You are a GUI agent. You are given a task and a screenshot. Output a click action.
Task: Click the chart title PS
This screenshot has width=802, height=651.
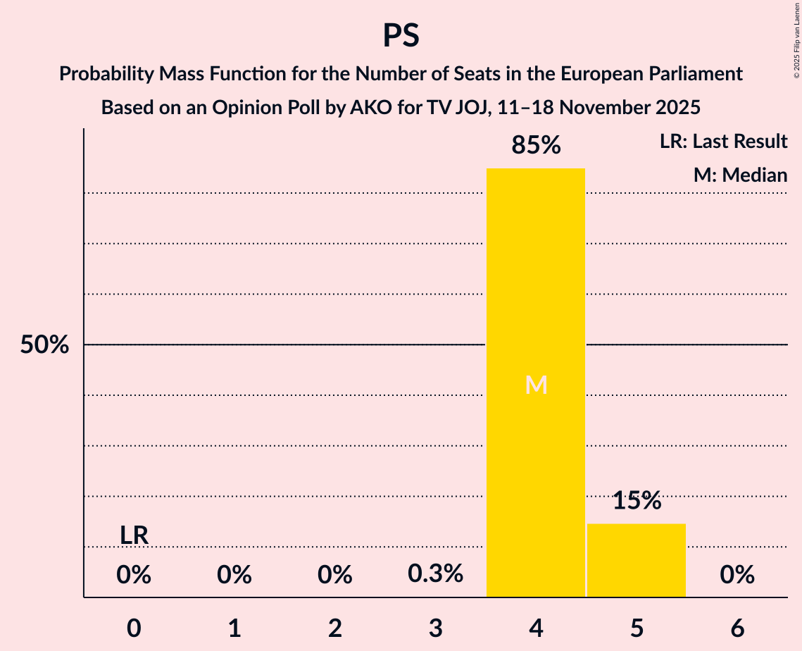[401, 36]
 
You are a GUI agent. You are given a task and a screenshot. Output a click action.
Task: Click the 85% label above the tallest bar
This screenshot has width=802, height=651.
[536, 146]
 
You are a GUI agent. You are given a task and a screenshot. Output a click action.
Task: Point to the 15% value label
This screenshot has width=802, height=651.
[636, 501]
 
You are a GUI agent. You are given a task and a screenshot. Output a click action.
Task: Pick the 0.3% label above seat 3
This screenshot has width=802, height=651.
[435, 573]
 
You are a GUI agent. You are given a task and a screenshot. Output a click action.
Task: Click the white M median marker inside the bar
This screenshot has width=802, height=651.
[536, 385]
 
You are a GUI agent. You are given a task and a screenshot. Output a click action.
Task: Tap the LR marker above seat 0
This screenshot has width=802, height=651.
[134, 535]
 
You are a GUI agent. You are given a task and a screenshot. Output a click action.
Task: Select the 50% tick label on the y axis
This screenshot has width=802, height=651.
[44, 345]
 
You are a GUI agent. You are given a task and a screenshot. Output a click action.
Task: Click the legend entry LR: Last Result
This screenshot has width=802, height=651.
[723, 142]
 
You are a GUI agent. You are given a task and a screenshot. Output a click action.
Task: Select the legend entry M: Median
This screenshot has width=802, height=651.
[740, 175]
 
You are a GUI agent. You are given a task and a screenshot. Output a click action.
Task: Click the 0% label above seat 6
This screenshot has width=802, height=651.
[737, 576]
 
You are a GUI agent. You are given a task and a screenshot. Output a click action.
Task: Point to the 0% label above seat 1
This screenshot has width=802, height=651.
[234, 576]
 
